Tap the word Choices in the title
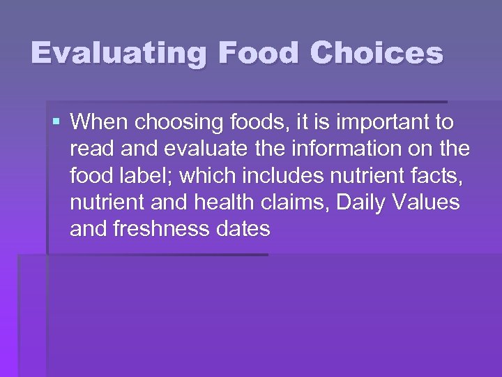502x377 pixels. [377, 53]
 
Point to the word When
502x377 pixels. [99, 123]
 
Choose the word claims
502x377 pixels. [295, 202]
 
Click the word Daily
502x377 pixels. [362, 203]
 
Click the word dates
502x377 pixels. [243, 229]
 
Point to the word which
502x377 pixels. [208, 176]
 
